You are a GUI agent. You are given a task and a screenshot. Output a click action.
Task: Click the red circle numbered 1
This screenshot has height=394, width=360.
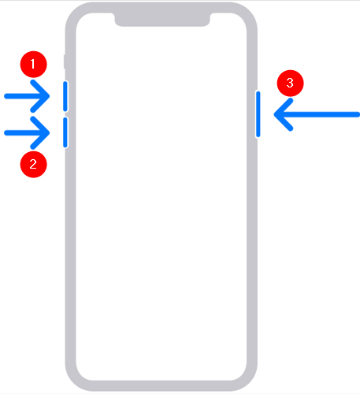(33, 65)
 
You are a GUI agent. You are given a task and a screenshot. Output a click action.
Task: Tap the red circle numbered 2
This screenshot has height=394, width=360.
(33, 165)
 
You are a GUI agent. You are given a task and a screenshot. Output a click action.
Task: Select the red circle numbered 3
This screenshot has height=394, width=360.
(290, 83)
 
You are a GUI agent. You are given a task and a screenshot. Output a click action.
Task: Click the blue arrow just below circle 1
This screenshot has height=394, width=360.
(27, 96)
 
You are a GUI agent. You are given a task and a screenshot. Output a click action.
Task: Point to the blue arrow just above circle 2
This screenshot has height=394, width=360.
(27, 132)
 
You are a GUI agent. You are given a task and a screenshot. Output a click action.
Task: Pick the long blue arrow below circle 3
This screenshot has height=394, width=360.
(317, 114)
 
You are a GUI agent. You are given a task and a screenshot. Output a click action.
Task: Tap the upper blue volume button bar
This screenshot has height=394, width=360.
(65, 96)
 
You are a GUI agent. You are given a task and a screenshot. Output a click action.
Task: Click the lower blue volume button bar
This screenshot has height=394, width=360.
(65, 132)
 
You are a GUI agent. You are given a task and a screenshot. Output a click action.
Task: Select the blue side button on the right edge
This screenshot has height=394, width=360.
(258, 114)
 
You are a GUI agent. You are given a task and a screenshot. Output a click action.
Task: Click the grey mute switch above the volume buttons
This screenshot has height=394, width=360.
(65, 61)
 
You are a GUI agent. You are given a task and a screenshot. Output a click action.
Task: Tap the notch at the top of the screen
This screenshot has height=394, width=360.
(162, 19)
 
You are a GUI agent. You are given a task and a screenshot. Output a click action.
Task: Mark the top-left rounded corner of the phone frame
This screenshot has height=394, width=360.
(73, 14)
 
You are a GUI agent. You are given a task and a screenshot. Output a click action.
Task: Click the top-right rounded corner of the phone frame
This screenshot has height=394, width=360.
(250, 14)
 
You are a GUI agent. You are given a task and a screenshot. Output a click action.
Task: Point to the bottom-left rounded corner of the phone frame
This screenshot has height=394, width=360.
(73, 380)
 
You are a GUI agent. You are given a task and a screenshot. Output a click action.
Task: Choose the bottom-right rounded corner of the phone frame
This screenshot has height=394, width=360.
(250, 380)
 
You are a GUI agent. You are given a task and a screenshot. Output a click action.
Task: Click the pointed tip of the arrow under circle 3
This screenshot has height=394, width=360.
(274, 114)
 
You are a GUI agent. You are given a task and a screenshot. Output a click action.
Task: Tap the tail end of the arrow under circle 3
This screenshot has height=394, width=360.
(358, 114)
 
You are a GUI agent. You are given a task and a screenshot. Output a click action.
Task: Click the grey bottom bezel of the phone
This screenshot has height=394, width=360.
(161, 386)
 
